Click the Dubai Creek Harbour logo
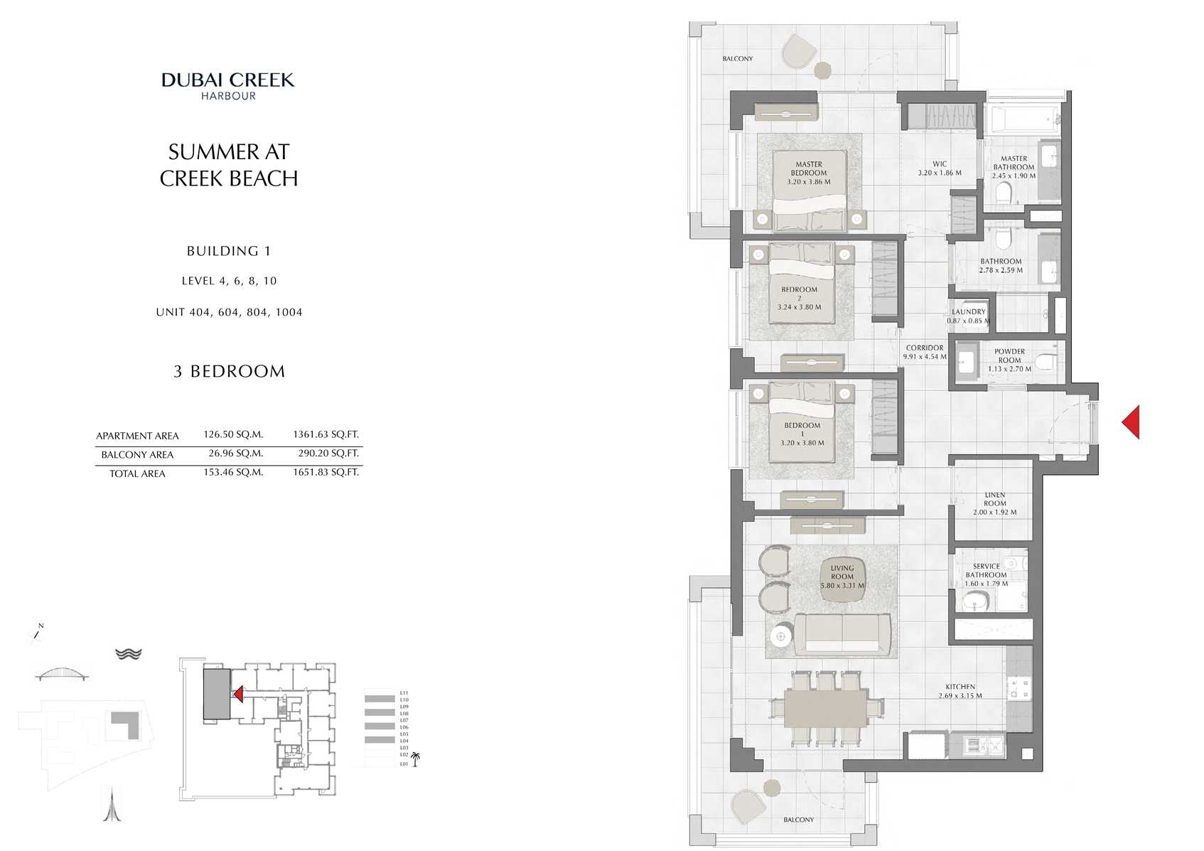point(227,85)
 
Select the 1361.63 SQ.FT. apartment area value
point(326,434)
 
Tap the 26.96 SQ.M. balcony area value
point(235,454)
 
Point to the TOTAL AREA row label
point(137,473)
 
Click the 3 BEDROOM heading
point(229,372)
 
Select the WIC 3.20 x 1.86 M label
point(939,168)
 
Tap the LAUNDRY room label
point(969,312)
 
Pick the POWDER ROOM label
point(1009,356)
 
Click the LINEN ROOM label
point(994,499)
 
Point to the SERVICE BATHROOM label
point(986,571)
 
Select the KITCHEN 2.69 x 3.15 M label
point(960,691)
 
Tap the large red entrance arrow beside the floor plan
point(1132,422)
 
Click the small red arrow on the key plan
point(239,694)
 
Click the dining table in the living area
point(827,708)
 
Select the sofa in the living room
point(842,633)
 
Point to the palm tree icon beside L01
point(415,759)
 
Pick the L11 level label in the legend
point(404,692)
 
